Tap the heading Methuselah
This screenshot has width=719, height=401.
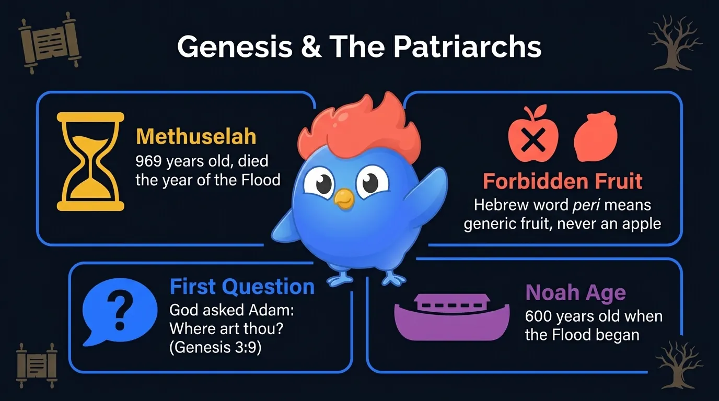(196, 136)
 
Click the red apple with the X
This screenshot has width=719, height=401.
(533, 138)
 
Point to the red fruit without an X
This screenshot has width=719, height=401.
(595, 136)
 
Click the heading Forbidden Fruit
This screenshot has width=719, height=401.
(562, 181)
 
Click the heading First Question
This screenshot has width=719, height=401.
(242, 287)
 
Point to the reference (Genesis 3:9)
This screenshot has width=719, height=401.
(215, 347)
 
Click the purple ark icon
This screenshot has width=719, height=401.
(451, 316)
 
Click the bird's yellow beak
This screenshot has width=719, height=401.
(344, 197)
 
